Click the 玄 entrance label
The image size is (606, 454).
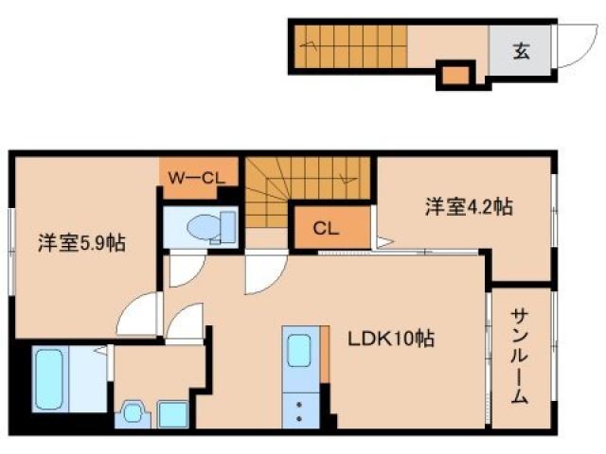tap(522, 51)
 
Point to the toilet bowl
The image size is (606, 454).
tap(203, 227)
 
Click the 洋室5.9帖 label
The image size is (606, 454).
tap(81, 243)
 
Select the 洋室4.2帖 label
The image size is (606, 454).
tap(468, 206)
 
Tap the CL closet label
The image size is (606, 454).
tap(326, 228)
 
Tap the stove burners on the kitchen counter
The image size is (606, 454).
tap(302, 409)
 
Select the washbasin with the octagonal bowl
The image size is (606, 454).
tap(132, 414)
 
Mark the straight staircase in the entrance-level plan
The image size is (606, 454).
tap(350, 42)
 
